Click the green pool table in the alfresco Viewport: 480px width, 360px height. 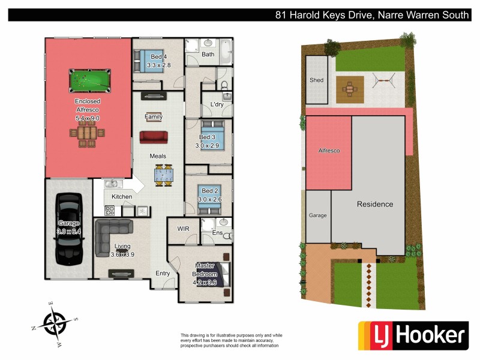tap(87, 79)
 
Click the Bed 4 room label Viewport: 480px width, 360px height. tap(158, 57)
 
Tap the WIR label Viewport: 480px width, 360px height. tap(184, 229)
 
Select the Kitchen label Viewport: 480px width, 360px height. tap(122, 197)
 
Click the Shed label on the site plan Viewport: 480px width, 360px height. tap(316, 80)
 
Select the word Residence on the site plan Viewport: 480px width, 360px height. tap(375, 204)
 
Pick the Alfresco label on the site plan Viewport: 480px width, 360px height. tap(329, 151)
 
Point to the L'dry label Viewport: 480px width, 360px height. tap(217, 104)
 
